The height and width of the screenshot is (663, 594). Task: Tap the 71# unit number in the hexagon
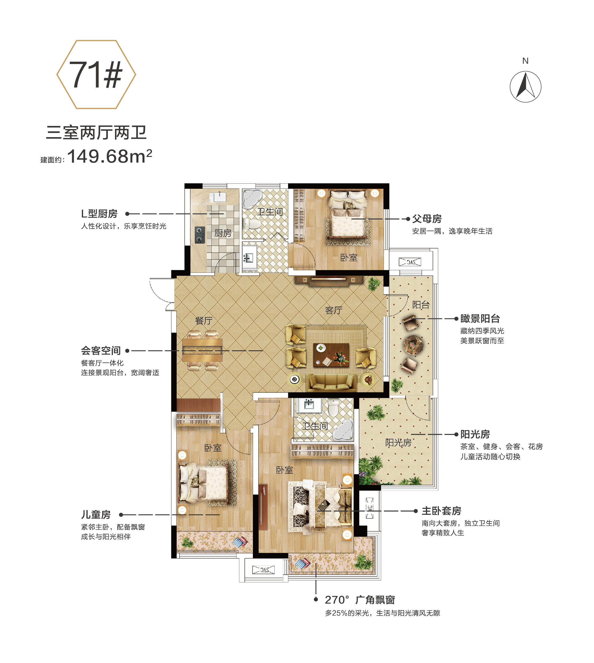pos(96,75)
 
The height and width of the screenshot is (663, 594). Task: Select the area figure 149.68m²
pos(110,156)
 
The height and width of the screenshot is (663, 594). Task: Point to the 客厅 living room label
pos(333,310)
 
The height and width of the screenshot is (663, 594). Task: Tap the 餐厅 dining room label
pos(204,321)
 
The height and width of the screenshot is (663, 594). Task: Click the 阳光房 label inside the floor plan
pos(398,442)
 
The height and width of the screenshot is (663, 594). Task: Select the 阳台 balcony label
pos(421,305)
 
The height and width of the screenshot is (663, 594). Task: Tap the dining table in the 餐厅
pos(202,350)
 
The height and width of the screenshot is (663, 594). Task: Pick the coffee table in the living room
pos(331,355)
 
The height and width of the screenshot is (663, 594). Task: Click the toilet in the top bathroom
pos(252,224)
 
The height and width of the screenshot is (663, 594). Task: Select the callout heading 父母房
pos(427,219)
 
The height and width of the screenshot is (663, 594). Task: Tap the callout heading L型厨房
pos(99,214)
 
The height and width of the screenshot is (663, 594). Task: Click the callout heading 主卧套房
pos(441,511)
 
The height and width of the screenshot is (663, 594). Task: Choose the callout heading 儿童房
pos(96,515)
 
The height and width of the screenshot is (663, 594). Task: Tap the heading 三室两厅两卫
pos(96,133)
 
